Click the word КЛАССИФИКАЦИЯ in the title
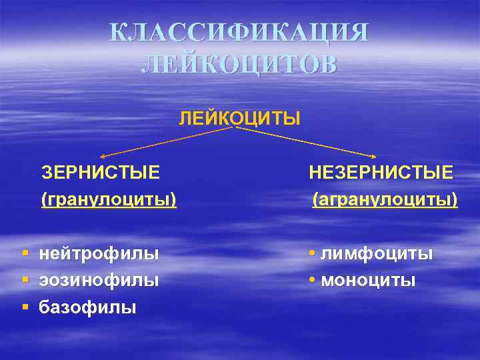239,33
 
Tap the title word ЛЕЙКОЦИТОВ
239,65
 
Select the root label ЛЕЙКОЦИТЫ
239,119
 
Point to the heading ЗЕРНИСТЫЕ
101,173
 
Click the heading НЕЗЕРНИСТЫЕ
381,173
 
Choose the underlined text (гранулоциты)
109,199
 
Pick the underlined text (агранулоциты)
385,199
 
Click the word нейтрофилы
99,254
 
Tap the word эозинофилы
99,281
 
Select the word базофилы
87,307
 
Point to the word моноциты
368,281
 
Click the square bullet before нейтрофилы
25,254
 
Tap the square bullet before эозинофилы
25,281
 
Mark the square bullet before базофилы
25,307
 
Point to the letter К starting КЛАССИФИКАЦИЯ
117,33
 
